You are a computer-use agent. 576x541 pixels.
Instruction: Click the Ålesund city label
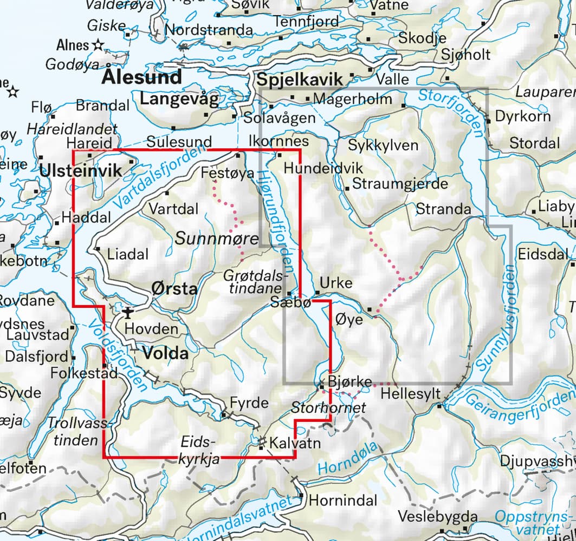click(141, 77)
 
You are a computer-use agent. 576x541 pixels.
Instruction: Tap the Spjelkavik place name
click(300, 80)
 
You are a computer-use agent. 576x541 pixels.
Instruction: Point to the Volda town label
click(165, 354)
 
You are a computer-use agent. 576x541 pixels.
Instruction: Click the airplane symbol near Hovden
click(128, 312)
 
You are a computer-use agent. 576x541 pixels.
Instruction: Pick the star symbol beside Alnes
click(98, 45)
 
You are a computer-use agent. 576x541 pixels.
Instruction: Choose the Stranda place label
click(443, 209)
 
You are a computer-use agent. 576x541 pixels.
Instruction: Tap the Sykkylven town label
click(383, 146)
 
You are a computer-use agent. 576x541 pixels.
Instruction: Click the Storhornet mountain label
click(329, 407)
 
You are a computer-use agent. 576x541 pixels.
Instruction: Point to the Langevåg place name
click(179, 100)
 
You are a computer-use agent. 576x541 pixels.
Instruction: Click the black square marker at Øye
click(370, 309)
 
